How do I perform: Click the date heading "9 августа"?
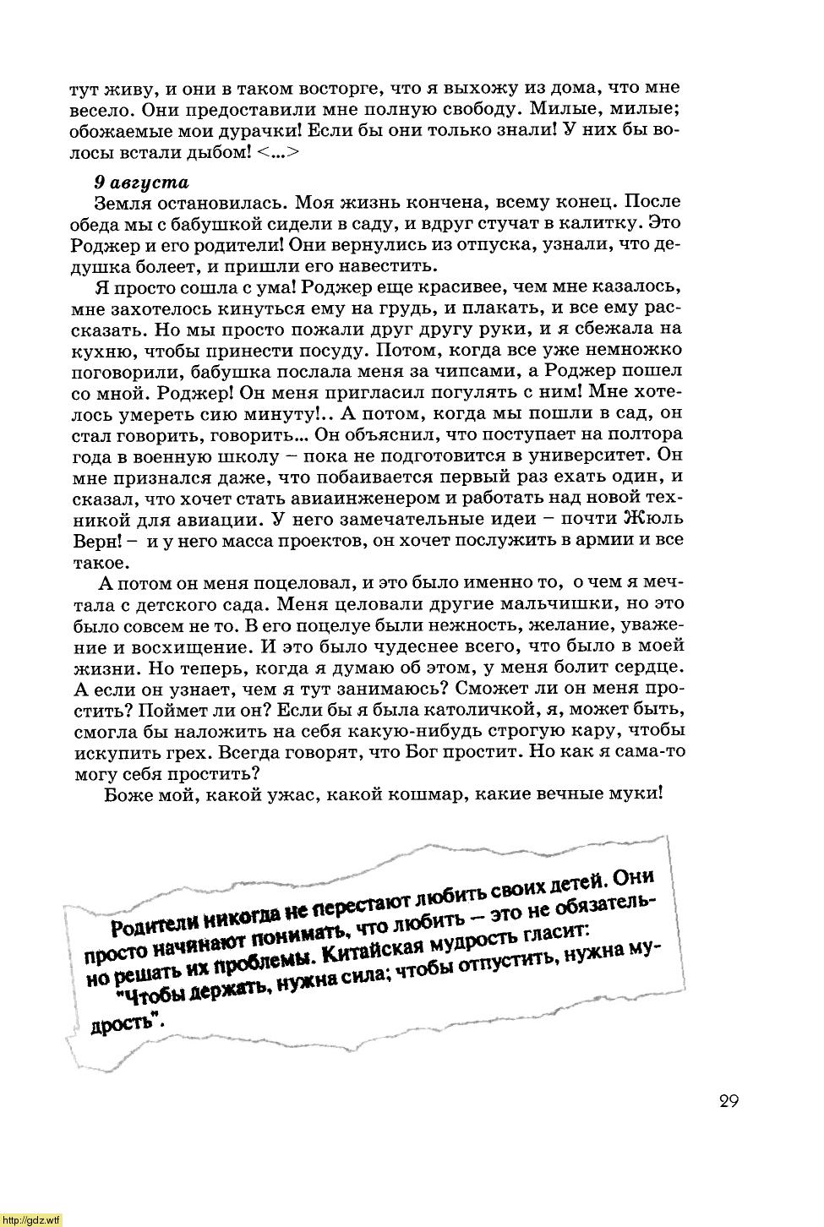click(x=141, y=182)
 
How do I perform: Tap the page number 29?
click(x=729, y=1101)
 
